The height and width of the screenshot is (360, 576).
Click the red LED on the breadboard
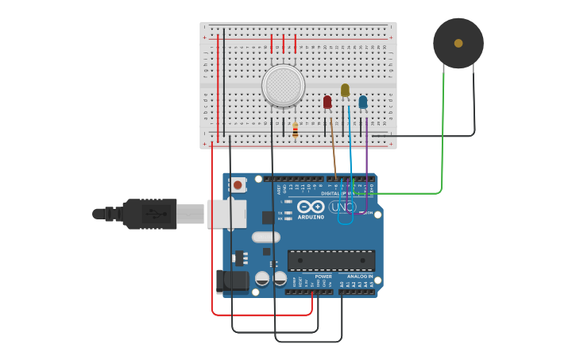[x=327, y=102]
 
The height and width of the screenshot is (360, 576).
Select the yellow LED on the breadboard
[x=345, y=91]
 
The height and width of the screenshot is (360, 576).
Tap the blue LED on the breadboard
[x=363, y=102]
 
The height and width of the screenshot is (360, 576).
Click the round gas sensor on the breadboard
[x=283, y=85]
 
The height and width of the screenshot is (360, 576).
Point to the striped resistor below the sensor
[x=296, y=130]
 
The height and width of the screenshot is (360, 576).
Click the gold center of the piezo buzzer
[x=458, y=43]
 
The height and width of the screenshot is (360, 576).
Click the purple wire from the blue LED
[x=366, y=159]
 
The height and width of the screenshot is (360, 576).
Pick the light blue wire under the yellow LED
[x=350, y=155]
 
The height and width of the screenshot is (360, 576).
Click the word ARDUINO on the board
[x=311, y=217]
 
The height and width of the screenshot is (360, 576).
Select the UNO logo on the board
[x=342, y=207]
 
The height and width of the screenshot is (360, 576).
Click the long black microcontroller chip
[x=331, y=260]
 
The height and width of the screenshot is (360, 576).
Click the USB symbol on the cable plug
[x=156, y=214]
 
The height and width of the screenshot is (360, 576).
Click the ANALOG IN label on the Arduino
[x=360, y=277]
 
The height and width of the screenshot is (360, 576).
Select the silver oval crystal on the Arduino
[x=266, y=237]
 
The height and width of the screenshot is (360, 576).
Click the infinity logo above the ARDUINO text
[x=311, y=207]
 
